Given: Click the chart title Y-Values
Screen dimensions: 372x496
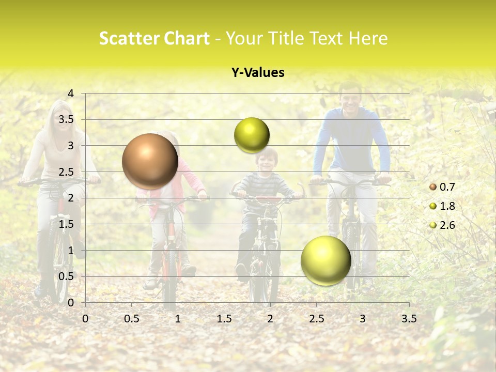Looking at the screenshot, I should tap(258, 73).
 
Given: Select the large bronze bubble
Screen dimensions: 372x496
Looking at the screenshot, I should tap(150, 161).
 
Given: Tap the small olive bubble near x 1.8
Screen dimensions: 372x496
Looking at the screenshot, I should tap(252, 135).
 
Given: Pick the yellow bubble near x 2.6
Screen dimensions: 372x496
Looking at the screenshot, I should tap(326, 260).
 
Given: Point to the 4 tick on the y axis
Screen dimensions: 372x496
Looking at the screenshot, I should tap(71, 93).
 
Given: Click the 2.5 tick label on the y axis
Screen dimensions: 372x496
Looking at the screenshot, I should tap(67, 172).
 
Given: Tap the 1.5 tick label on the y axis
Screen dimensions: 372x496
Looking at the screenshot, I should tap(67, 224).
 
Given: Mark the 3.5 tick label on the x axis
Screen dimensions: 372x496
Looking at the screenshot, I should tap(409, 319).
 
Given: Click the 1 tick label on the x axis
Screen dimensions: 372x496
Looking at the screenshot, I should tap(178, 319).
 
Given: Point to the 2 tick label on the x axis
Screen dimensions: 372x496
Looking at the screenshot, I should tap(270, 319).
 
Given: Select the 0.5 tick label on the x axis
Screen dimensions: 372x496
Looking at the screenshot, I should tap(132, 319).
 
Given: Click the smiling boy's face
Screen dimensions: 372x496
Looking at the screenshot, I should tap(267, 161).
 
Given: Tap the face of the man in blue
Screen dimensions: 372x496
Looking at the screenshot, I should tap(350, 98).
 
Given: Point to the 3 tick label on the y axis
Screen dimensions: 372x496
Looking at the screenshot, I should tap(71, 146).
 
